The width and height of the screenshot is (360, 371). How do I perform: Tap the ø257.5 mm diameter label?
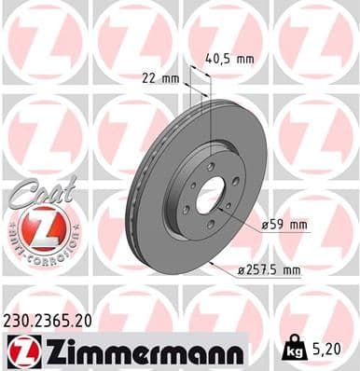click(x=271, y=271)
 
